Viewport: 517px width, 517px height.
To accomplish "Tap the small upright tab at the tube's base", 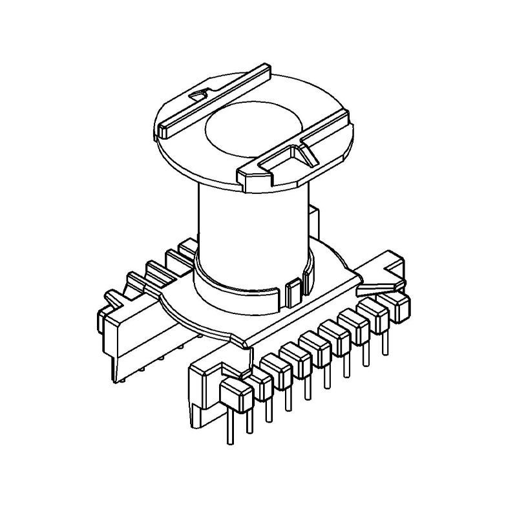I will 293,292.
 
